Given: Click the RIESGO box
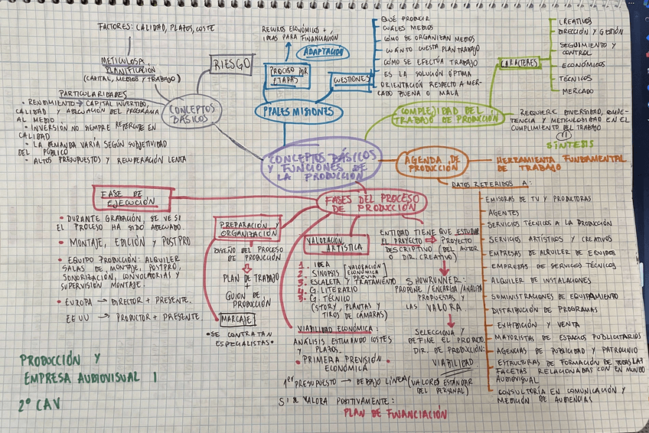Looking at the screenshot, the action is [231, 64].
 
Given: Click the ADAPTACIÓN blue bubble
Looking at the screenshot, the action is [323, 52].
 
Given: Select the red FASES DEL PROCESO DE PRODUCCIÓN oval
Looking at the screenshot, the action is [371, 202].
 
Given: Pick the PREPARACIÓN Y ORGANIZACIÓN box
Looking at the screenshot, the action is [248, 228].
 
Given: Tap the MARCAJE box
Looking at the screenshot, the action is [236, 317].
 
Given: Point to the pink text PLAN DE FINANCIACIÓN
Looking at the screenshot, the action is [395, 414].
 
